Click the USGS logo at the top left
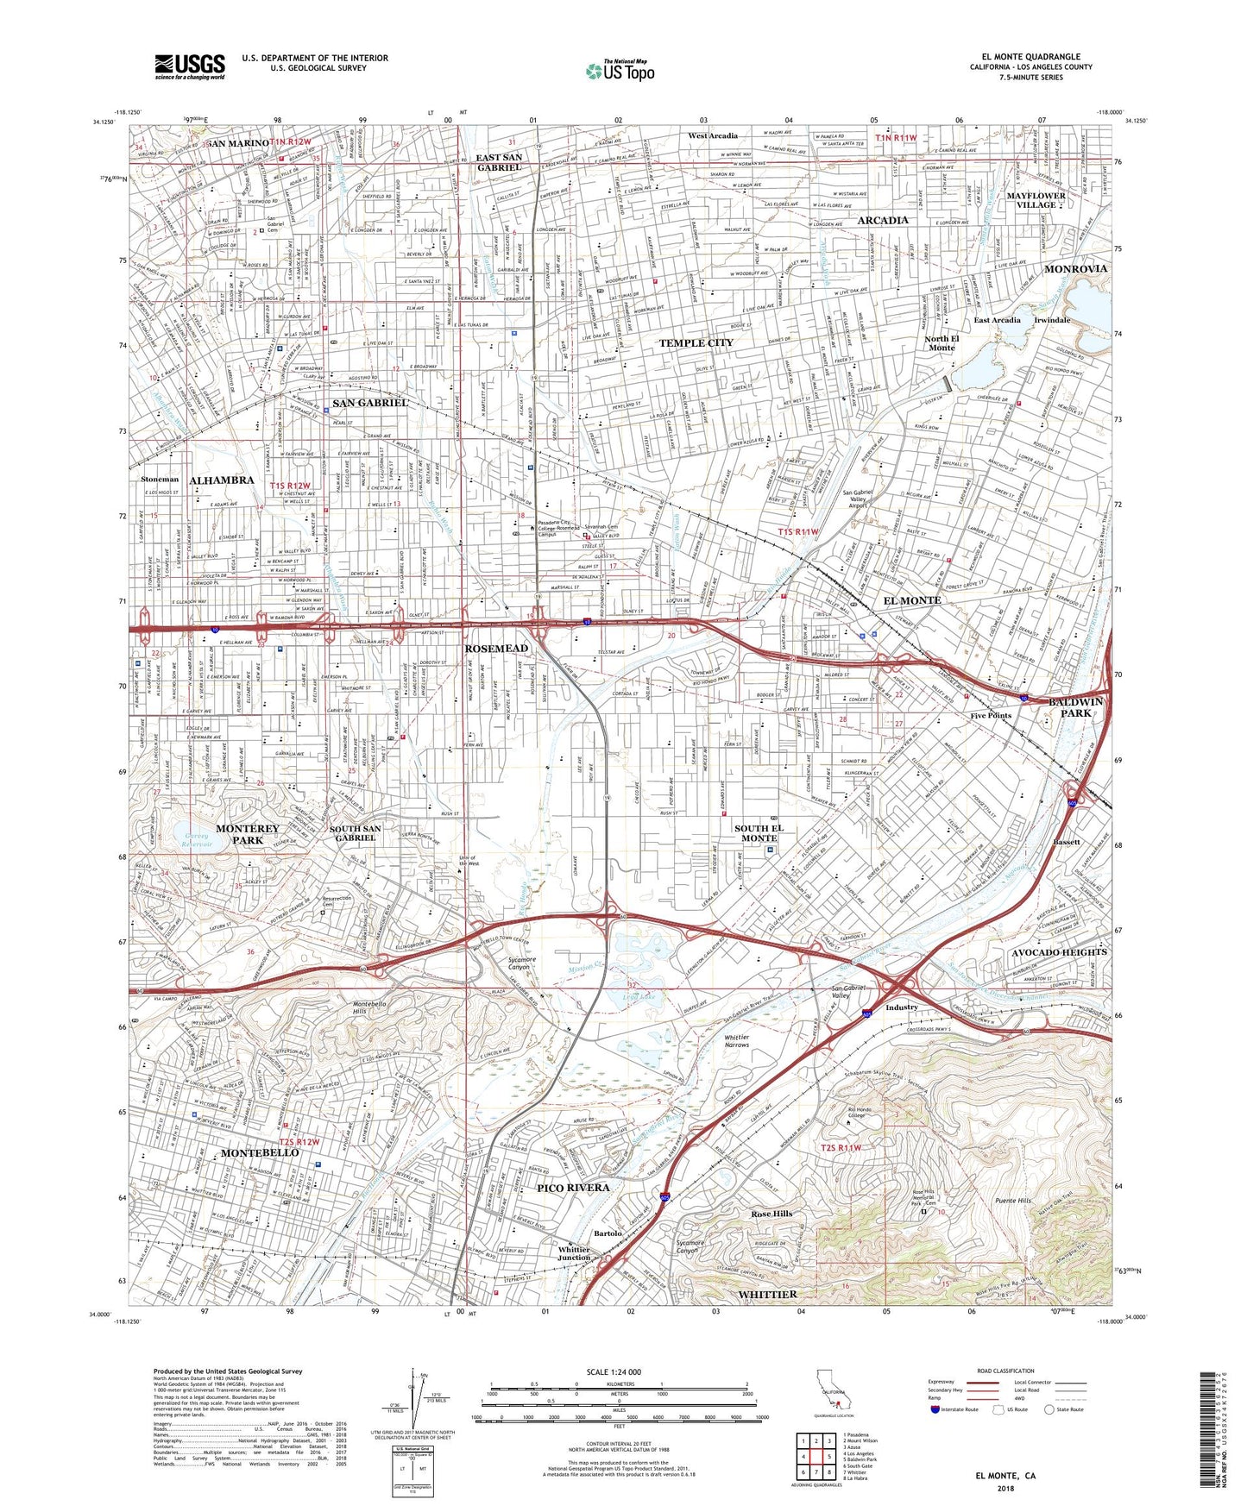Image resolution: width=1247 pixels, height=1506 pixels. [190, 66]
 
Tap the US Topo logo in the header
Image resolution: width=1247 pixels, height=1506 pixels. [619, 72]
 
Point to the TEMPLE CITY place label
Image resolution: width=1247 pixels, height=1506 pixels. [696, 343]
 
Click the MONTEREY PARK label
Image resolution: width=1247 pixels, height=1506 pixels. [248, 834]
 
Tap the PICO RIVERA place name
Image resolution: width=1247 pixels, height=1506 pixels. [574, 1188]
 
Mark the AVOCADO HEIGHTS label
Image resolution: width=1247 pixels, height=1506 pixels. [1058, 952]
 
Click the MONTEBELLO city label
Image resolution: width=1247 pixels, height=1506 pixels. [260, 1152]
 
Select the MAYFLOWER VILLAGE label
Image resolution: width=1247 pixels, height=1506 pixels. [1036, 200]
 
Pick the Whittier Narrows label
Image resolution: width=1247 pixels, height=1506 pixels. [736, 1041]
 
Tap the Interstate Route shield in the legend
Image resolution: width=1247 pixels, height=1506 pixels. [935, 1409]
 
